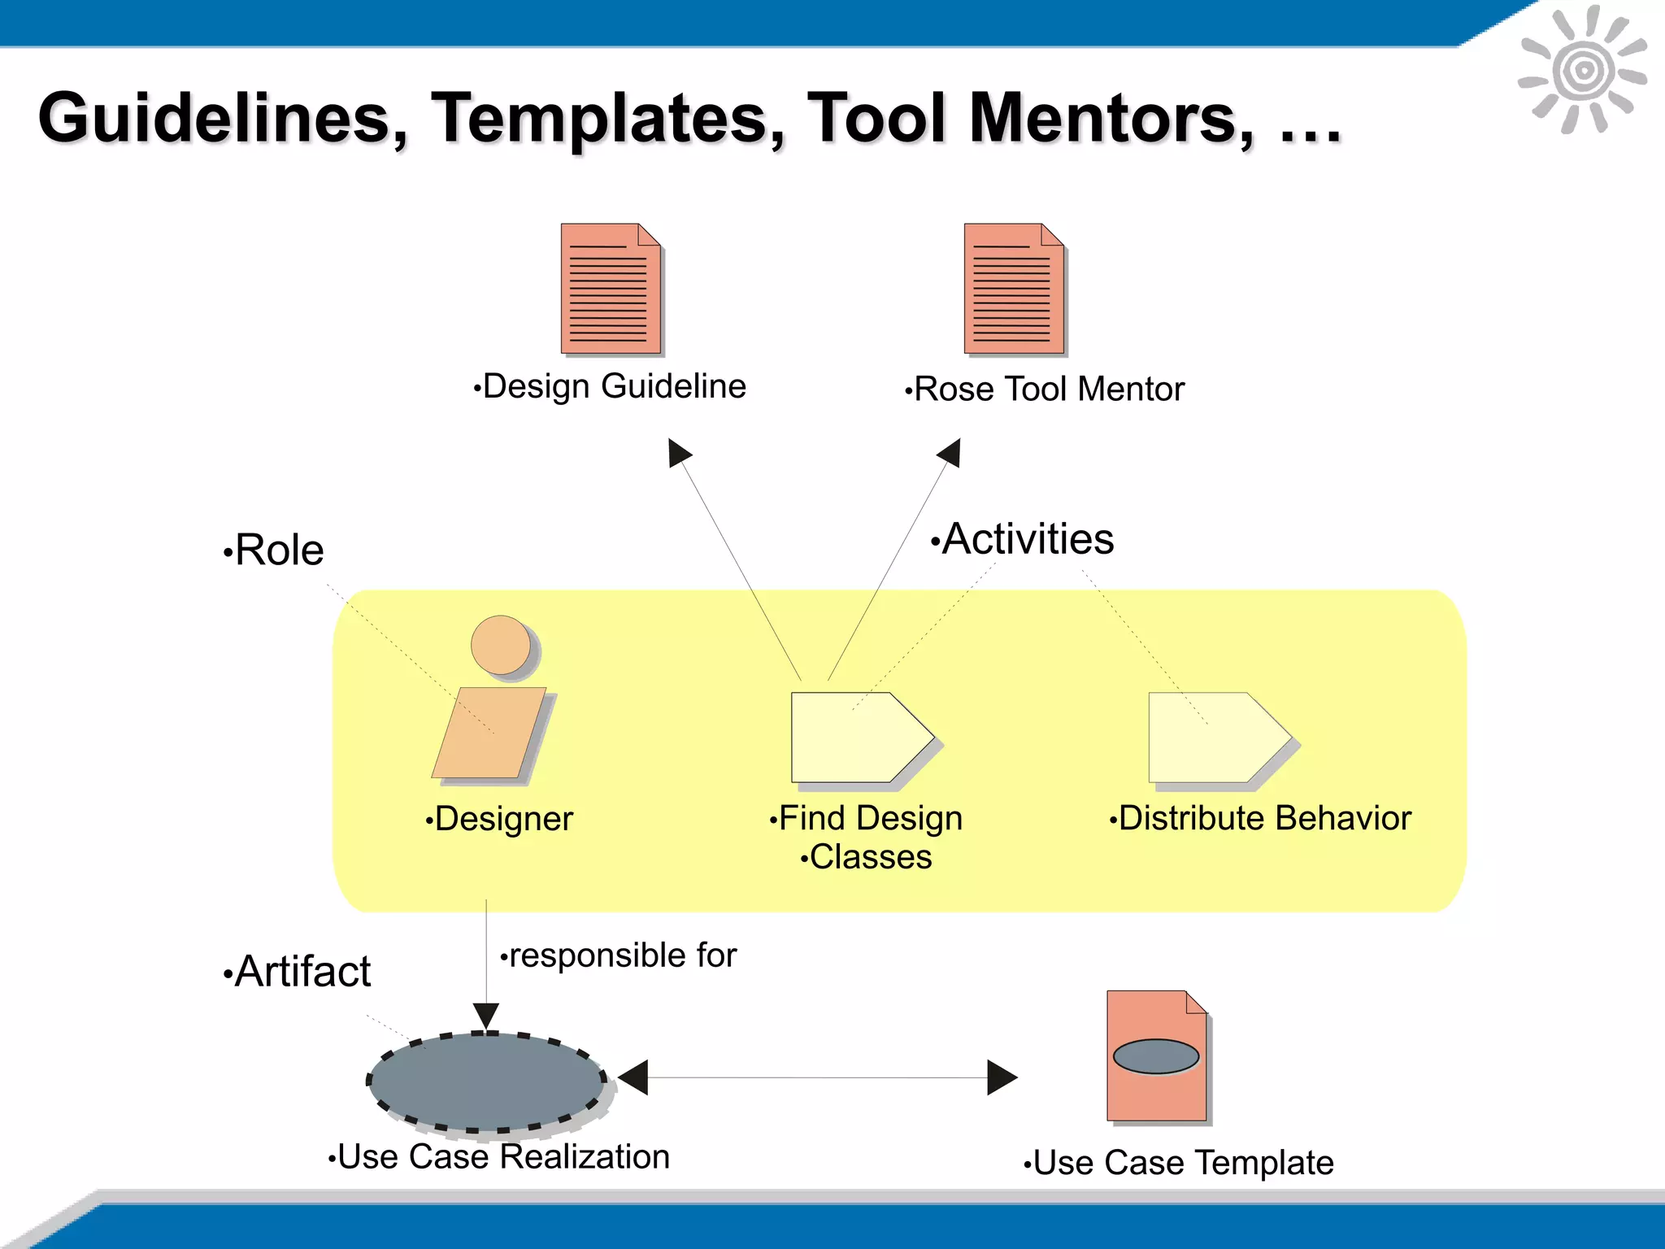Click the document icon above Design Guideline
(x=611, y=289)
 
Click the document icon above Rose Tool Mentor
(x=1014, y=289)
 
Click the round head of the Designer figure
(x=501, y=645)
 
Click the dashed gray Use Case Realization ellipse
(x=486, y=1081)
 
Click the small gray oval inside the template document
(x=1155, y=1056)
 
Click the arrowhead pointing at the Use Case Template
(x=1001, y=1077)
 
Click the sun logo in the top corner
(x=1582, y=71)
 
